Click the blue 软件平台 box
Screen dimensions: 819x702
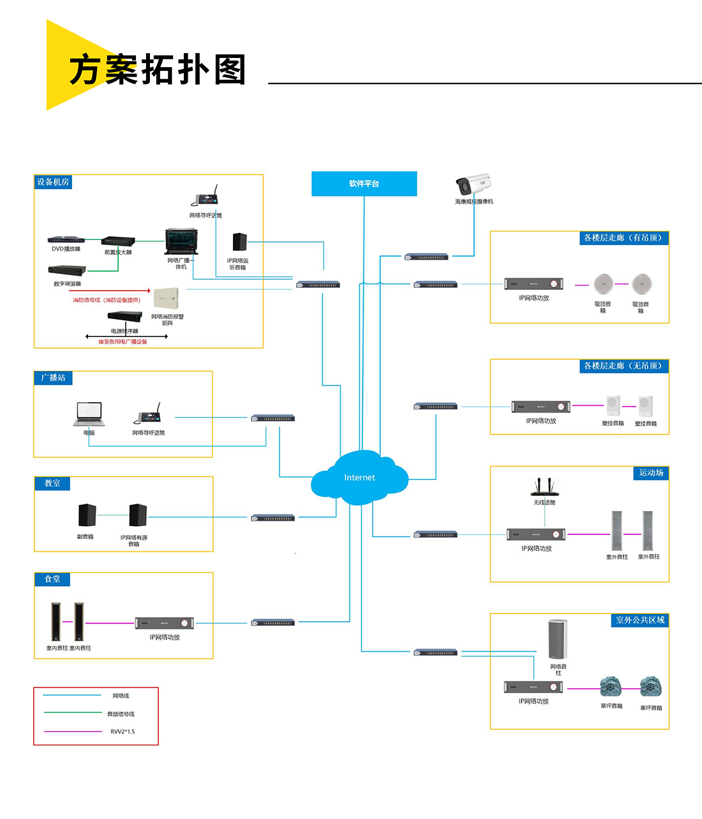pos(364,184)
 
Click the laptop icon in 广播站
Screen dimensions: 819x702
pos(89,414)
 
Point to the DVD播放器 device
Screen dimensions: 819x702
pos(66,240)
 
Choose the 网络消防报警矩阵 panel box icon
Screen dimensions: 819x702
pos(167,299)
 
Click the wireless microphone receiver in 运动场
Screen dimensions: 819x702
pos(544,488)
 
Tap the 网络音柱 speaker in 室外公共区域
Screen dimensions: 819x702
pos(558,639)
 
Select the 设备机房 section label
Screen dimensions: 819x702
pos(53,182)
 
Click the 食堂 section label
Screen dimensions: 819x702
pos(52,579)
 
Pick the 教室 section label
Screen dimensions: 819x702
pos(52,483)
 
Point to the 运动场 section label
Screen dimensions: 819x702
pos(651,473)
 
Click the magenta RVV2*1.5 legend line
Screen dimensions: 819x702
pos(72,732)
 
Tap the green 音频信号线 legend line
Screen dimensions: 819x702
pos(72,713)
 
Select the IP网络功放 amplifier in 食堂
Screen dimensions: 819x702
pos(164,623)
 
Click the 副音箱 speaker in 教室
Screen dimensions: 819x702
pos(87,515)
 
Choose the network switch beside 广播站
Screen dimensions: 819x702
pos(273,418)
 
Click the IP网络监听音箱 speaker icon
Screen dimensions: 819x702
pos(239,243)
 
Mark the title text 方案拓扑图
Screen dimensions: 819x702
pos(158,69)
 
